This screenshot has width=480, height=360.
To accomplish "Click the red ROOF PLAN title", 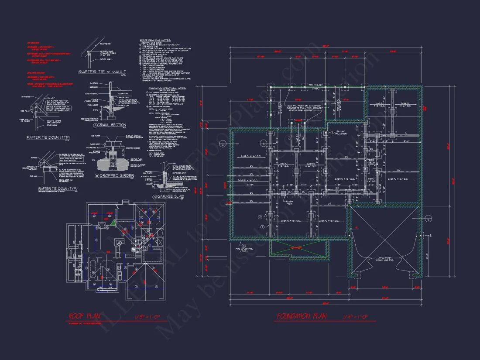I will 87,316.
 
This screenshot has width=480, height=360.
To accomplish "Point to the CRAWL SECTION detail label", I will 113,125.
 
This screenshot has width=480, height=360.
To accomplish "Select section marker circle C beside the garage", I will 428,219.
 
